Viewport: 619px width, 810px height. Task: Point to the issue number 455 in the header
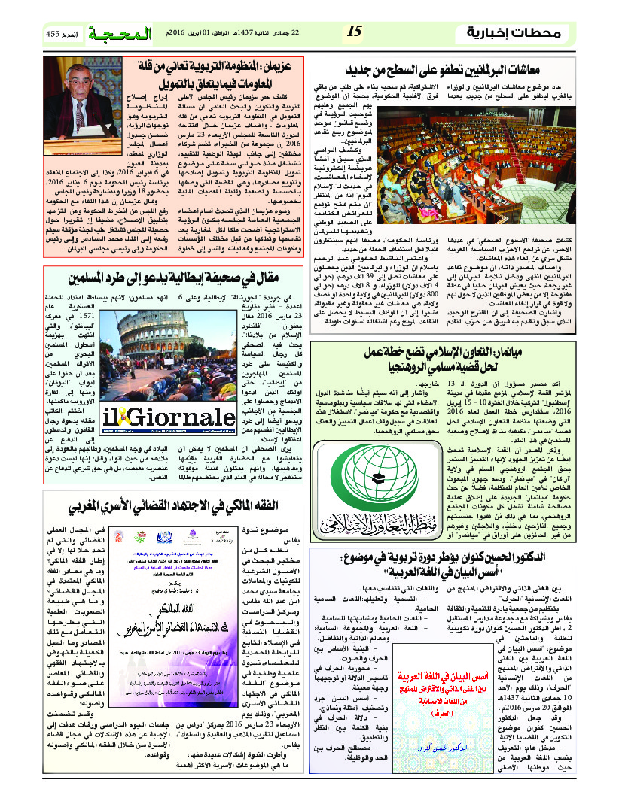(x=53, y=32)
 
